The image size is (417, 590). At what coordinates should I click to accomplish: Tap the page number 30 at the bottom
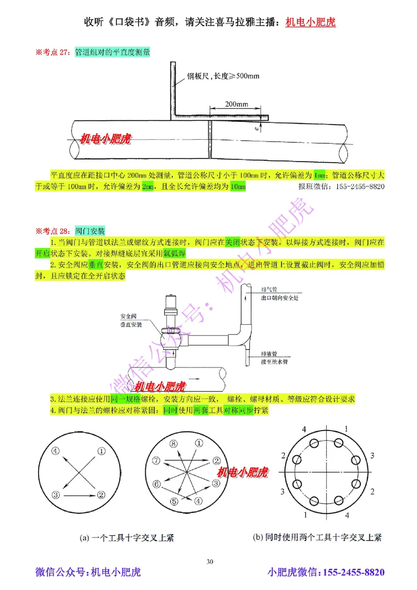click(210, 561)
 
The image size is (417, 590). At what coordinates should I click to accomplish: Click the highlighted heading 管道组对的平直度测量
click(112, 52)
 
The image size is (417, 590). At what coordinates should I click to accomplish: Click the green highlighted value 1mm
click(320, 174)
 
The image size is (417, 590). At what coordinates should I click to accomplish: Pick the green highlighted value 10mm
click(237, 187)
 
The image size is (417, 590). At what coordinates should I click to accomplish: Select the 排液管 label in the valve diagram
click(269, 353)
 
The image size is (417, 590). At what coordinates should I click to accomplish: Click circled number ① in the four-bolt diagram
click(102, 451)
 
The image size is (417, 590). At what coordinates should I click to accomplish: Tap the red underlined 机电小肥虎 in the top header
click(311, 22)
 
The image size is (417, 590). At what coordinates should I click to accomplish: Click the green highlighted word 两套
click(201, 411)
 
